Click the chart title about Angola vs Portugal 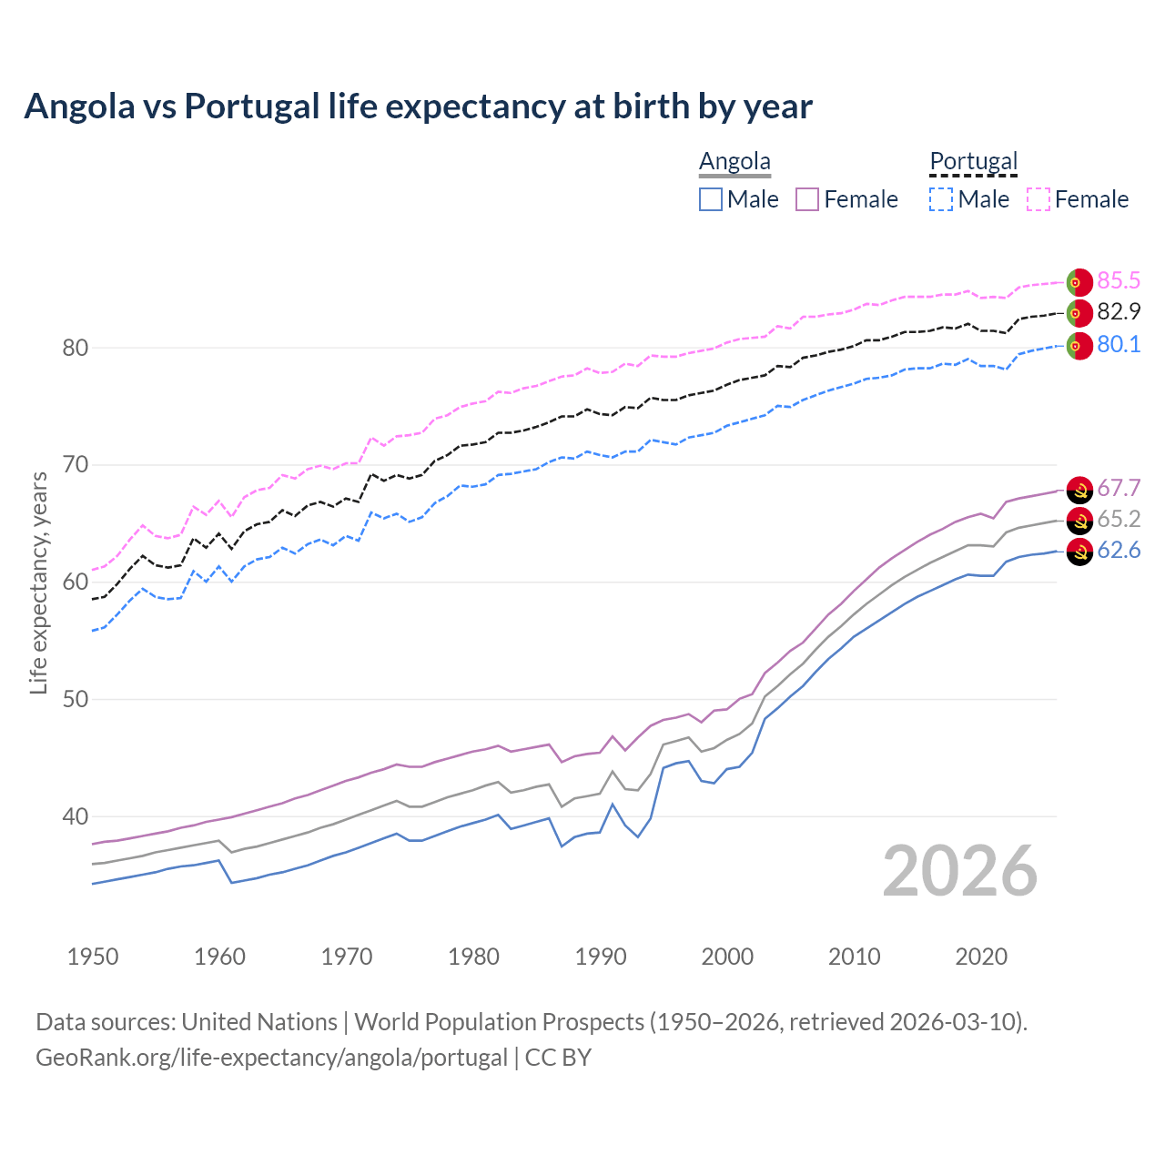coord(418,106)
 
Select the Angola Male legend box coord(711,199)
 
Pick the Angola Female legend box coord(807,199)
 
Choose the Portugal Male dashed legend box coord(941,199)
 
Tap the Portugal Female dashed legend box coord(1038,199)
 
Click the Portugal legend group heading coord(973,161)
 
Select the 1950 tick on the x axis coord(93,957)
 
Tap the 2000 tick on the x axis coord(727,957)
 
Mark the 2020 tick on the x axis coord(981,957)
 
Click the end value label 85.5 coord(1119,280)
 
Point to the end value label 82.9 coord(1119,312)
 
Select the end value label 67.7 coord(1119,489)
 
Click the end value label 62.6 coord(1119,551)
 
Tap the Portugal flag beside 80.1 coord(1079,346)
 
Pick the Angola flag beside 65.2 coord(1079,521)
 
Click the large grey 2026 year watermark coord(960,871)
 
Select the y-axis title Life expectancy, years coord(39,582)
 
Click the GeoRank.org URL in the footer coord(271,1058)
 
